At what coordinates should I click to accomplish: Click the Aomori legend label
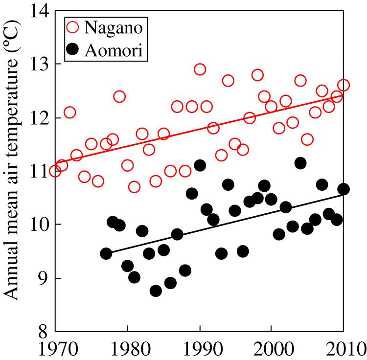[x=115, y=50]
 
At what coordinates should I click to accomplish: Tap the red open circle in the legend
[x=73, y=27]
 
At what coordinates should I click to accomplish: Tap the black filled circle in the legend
[x=73, y=50]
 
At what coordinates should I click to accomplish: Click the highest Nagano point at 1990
[x=200, y=69]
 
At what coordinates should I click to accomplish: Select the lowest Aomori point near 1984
[x=156, y=291]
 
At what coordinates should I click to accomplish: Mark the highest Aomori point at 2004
[x=300, y=163]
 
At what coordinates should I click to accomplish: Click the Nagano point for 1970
[x=55, y=171]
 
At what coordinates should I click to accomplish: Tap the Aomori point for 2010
[x=344, y=189]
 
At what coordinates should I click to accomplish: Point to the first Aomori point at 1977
[x=106, y=253]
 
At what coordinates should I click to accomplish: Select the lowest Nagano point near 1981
[x=135, y=187]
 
